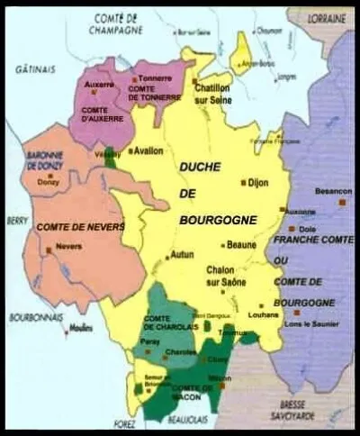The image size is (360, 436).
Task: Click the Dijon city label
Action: pyautogui.click(x=258, y=182)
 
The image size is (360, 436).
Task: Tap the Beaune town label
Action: pyautogui.click(x=243, y=245)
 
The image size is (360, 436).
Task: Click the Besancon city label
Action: pyautogui.click(x=332, y=192)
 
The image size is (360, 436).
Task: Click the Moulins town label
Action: pyautogui.click(x=83, y=330)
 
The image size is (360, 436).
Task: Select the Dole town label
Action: pyautogui.click(x=307, y=228)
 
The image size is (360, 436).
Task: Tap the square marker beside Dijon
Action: pyautogui.click(x=242, y=182)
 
